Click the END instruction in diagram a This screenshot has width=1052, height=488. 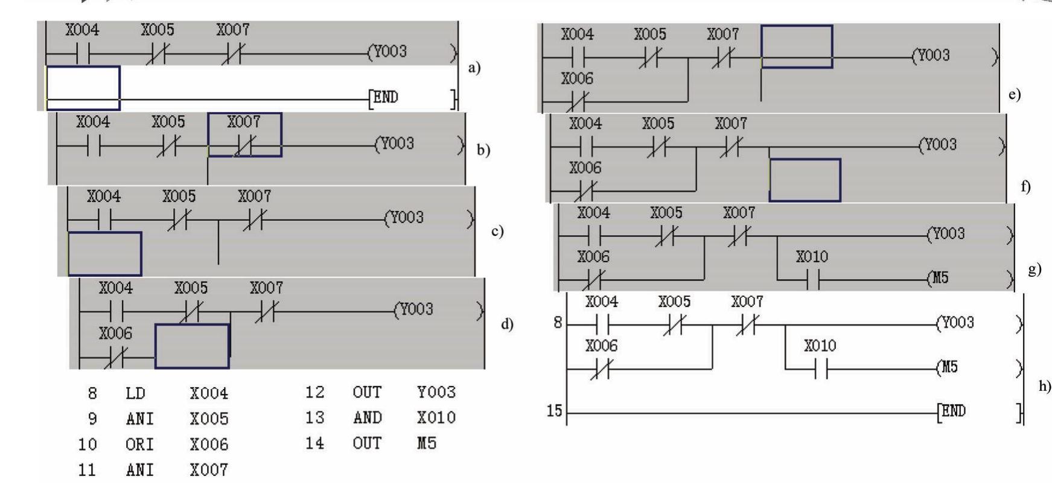[x=384, y=98]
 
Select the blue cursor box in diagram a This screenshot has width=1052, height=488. [x=83, y=88]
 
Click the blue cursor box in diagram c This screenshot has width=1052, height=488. [x=104, y=253]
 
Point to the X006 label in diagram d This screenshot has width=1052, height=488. [x=115, y=334]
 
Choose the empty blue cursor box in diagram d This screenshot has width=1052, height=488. [x=192, y=346]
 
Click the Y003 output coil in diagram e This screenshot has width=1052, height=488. [x=932, y=56]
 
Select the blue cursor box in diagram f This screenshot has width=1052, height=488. [x=805, y=180]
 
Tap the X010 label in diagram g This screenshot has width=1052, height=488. [x=812, y=257]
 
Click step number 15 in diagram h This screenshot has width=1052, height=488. [x=554, y=411]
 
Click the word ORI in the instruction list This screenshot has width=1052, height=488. [x=139, y=445]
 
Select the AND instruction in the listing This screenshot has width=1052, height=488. [x=367, y=418]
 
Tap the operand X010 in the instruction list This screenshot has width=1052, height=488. [x=436, y=418]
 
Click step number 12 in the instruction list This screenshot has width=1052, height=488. [x=314, y=393]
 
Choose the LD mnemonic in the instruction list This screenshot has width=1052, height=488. [x=135, y=394]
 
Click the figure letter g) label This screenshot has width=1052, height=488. [x=1034, y=269]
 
